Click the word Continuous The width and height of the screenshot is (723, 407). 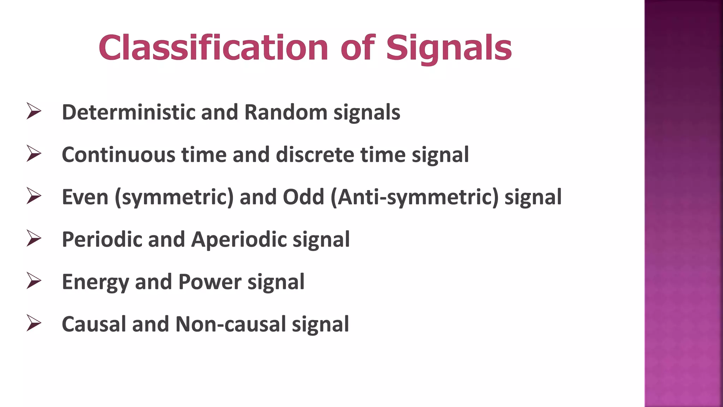click(x=119, y=155)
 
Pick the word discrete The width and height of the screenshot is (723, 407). click(x=315, y=155)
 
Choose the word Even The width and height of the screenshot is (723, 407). click(x=85, y=197)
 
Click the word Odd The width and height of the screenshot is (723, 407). click(x=303, y=197)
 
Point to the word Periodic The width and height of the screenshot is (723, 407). click(x=102, y=240)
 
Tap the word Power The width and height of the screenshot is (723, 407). click(x=210, y=282)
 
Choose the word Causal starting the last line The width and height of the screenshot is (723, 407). click(x=94, y=324)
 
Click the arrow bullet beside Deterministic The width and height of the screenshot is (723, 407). click(x=34, y=111)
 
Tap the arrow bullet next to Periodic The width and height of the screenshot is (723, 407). click(x=34, y=238)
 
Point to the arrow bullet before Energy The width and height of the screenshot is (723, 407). click(x=34, y=281)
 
